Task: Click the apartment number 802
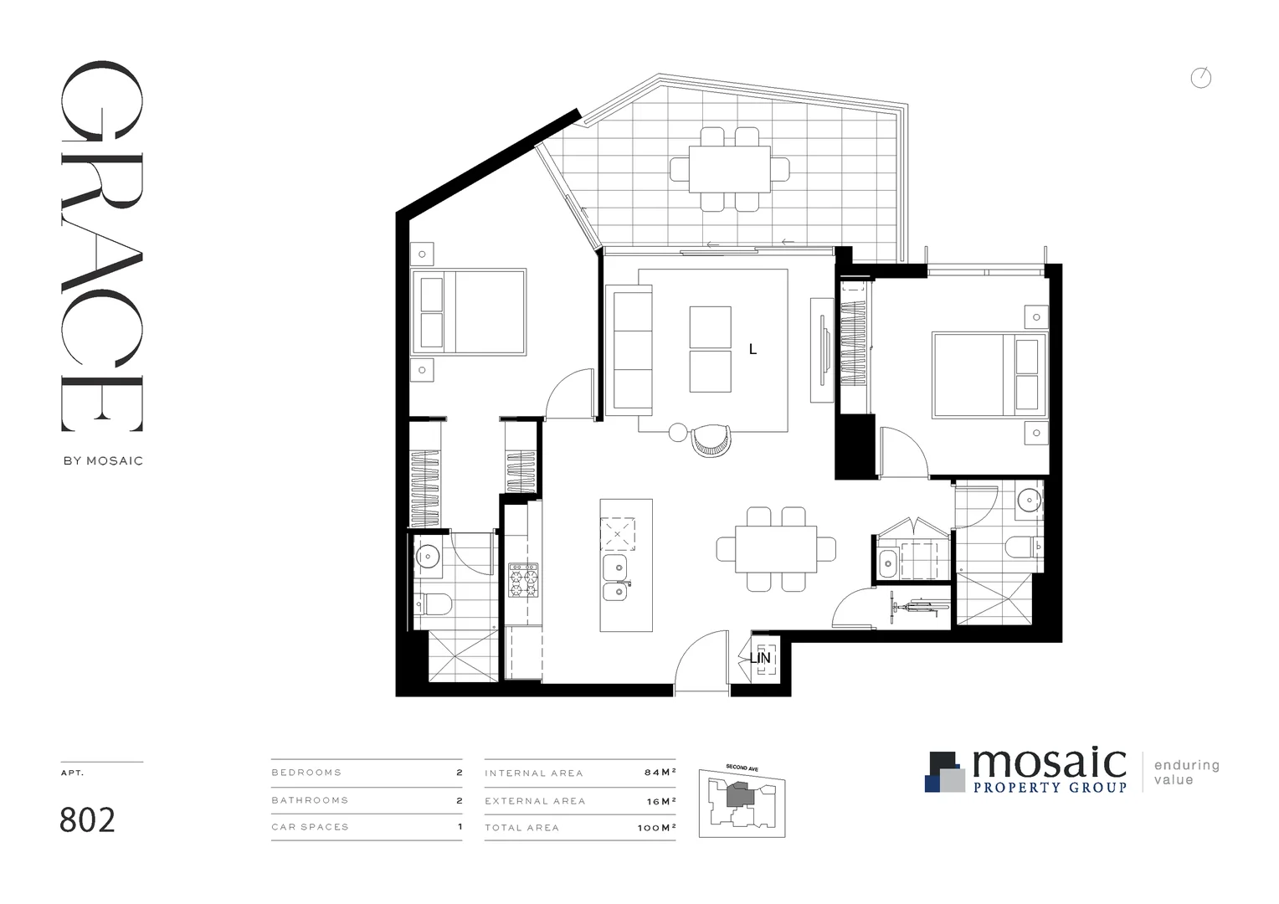tap(87, 820)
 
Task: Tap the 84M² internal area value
tap(660, 773)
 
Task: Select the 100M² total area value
tap(656, 828)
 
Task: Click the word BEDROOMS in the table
tap(306, 773)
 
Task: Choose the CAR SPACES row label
tap(310, 827)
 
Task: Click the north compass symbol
tap(1200, 79)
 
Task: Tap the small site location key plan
tap(742, 802)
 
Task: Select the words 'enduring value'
tap(1186, 773)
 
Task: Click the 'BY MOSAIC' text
tap(103, 460)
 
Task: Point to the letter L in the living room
tap(753, 350)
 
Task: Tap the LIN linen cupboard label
tap(760, 659)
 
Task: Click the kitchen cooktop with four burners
tap(523, 580)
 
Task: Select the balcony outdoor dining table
tap(729, 169)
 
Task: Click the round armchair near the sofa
tap(711, 439)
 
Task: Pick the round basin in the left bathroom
tap(429, 556)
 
